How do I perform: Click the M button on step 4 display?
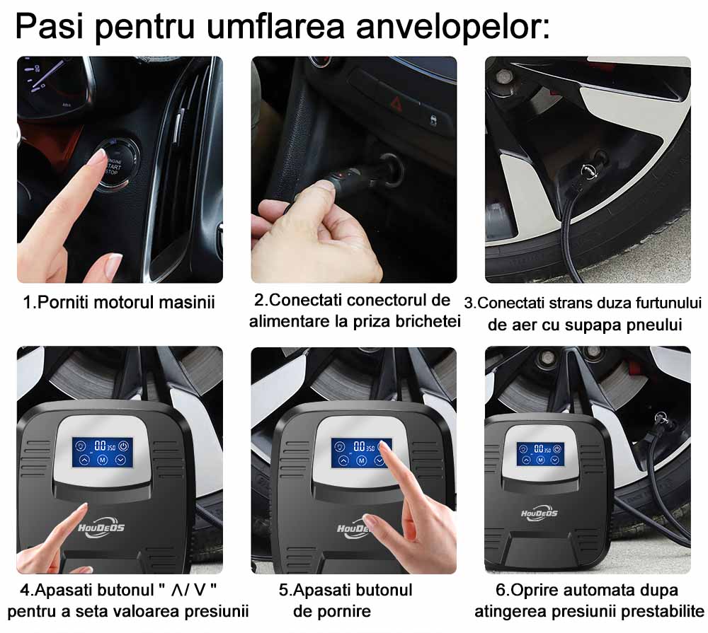point(103,460)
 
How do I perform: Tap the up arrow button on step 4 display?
point(84,460)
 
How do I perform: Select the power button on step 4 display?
point(123,446)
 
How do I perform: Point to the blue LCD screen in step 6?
point(540,454)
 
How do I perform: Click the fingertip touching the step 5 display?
point(383,446)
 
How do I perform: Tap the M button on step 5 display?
point(362,460)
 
